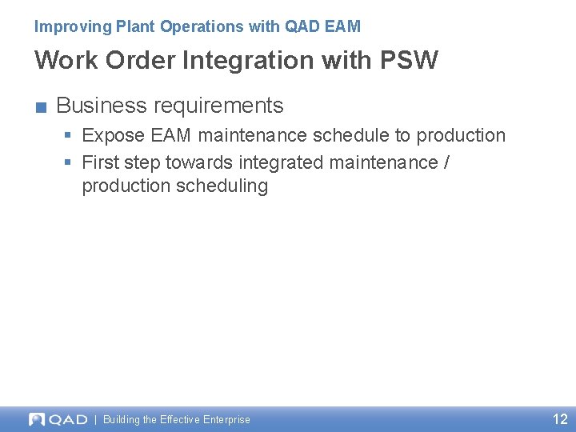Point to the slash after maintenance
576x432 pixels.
tap(446, 162)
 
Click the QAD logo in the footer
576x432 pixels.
tap(58, 419)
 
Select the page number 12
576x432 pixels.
tap(560, 419)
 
